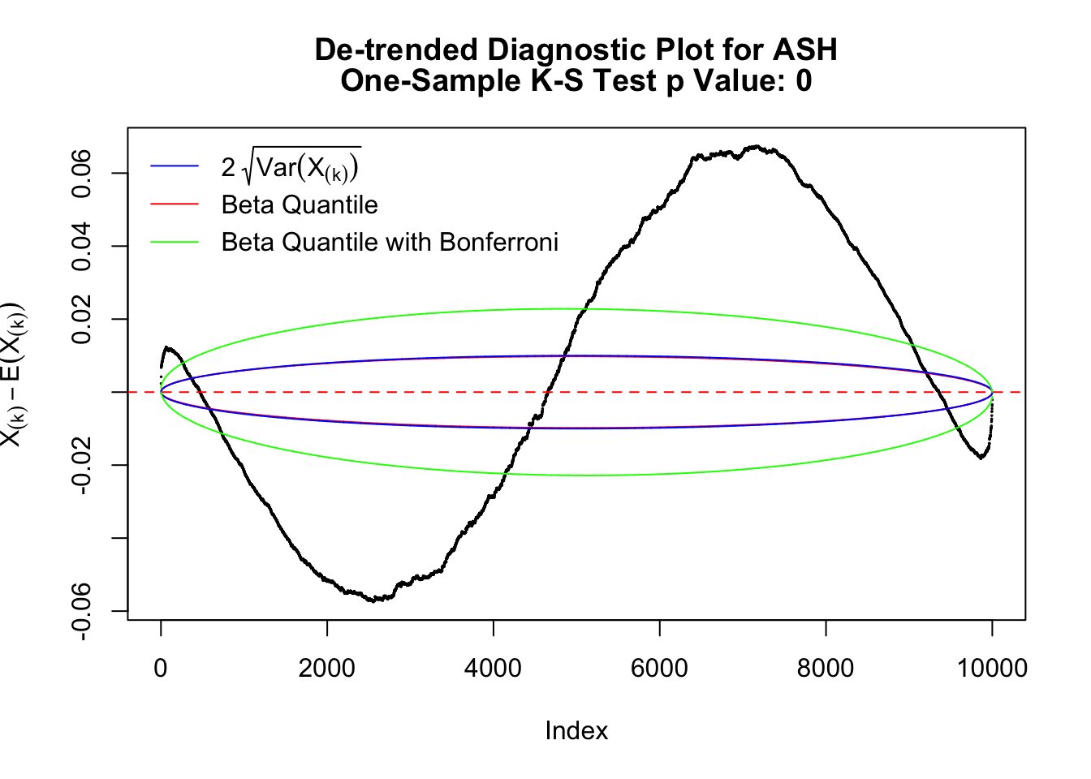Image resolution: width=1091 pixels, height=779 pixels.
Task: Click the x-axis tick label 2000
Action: click(x=326, y=669)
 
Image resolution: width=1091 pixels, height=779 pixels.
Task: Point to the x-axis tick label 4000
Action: click(x=493, y=669)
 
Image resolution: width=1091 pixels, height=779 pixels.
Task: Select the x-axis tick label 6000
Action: click(x=659, y=669)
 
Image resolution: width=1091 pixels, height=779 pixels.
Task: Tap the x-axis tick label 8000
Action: click(x=826, y=669)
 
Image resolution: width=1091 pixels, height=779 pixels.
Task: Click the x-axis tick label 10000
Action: click(x=992, y=669)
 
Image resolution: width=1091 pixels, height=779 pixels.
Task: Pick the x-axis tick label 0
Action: click(x=161, y=669)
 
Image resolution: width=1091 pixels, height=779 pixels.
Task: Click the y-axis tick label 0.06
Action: click(x=82, y=174)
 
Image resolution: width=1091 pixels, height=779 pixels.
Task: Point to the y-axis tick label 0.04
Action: click(x=82, y=246)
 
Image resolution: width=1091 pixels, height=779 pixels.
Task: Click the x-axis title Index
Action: click(x=576, y=731)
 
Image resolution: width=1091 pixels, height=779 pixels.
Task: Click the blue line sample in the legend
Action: click(x=175, y=167)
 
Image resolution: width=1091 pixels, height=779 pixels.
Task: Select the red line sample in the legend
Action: click(x=175, y=204)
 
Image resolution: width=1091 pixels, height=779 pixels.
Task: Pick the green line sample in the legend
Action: click(x=175, y=242)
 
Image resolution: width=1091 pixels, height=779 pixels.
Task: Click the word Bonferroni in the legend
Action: click(x=498, y=242)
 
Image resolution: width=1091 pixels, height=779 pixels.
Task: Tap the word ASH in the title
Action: click(x=804, y=50)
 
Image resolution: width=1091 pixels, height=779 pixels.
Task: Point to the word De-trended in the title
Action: click(x=395, y=50)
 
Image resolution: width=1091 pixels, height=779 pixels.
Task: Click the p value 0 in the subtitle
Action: click(x=804, y=81)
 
